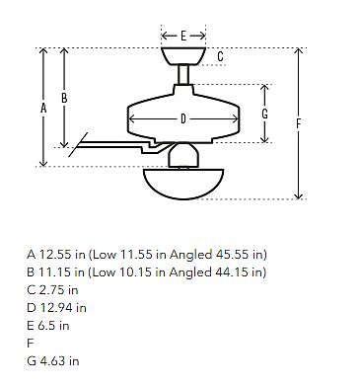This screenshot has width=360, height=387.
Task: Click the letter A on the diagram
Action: [x=43, y=108]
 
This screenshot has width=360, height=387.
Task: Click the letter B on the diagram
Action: [x=64, y=98]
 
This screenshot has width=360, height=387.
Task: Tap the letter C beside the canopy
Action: [x=220, y=56]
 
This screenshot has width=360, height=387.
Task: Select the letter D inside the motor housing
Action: [x=183, y=118]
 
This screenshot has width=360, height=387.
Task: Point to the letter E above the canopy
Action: [x=183, y=36]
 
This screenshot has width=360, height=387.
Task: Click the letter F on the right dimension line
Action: [x=298, y=123]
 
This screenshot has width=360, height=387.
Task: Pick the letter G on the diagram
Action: [x=264, y=114]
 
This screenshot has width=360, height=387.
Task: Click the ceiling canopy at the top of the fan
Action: [x=183, y=56]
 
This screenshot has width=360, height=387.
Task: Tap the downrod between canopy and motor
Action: [x=183, y=75]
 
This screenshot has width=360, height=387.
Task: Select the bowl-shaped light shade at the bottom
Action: [x=183, y=185]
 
